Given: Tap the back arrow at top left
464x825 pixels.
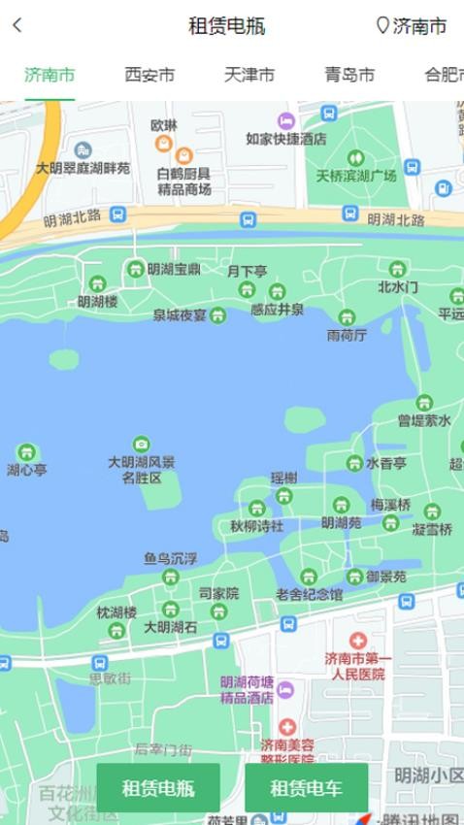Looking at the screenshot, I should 17,26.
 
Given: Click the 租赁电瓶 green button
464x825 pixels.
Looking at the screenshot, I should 158,787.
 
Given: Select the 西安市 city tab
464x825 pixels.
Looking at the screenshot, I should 149,75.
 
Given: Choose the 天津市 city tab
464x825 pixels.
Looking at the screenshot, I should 249,75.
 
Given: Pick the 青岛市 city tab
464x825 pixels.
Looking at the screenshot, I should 349,75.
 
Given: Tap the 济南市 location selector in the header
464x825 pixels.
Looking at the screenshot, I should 412,26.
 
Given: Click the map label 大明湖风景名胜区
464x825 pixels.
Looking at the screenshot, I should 142,469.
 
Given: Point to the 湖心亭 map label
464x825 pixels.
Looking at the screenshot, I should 27,470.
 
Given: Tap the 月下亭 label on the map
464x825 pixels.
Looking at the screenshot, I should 247,272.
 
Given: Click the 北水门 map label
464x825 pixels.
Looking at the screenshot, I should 397,286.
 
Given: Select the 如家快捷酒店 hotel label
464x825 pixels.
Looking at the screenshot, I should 285,138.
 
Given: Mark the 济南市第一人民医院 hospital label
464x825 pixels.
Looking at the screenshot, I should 357,666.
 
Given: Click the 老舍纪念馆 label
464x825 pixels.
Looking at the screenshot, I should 309,593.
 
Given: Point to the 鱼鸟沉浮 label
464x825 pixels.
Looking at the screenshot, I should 170,558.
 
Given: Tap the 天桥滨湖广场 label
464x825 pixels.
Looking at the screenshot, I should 356,176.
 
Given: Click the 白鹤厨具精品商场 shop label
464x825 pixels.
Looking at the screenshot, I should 184,181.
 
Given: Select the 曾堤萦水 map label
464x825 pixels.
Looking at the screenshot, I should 424,420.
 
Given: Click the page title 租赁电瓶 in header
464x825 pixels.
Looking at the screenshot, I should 226,26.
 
